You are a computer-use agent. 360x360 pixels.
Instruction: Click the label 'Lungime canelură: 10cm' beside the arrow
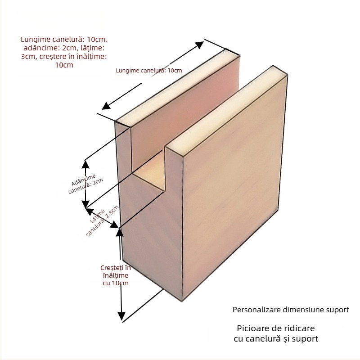[x=149, y=71]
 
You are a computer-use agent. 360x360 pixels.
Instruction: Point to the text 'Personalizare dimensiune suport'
[x=291, y=310]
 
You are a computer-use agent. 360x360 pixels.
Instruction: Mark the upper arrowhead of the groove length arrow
[x=201, y=43]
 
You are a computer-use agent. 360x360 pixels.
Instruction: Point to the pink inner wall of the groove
[x=193, y=108]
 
